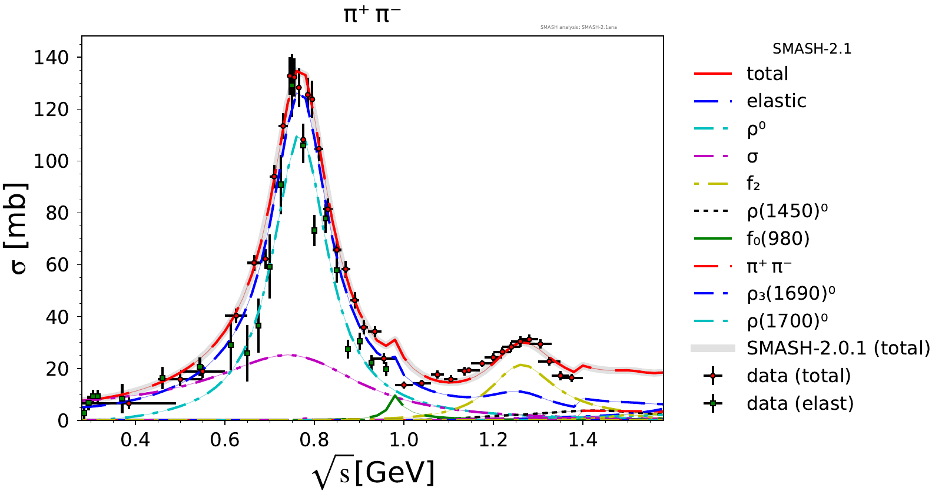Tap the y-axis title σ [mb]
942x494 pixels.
(18, 228)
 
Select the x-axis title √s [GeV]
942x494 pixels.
(374, 473)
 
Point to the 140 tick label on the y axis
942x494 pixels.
(51, 58)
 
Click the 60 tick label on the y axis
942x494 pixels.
(57, 265)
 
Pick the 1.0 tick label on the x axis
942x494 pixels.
(404, 440)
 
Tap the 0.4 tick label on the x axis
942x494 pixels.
(135, 440)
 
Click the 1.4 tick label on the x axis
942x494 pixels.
(583, 440)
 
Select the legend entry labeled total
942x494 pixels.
(767, 74)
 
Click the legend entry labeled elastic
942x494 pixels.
(776, 101)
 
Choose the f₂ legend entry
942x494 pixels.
(753, 184)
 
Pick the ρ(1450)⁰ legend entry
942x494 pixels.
(787, 211)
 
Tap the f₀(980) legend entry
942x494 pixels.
(778, 238)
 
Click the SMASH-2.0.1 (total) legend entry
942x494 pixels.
(838, 348)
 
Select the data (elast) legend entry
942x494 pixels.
(800, 403)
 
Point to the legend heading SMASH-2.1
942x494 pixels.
(812, 49)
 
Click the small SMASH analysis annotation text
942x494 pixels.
(578, 27)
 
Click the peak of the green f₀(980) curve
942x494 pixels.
(394, 396)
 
